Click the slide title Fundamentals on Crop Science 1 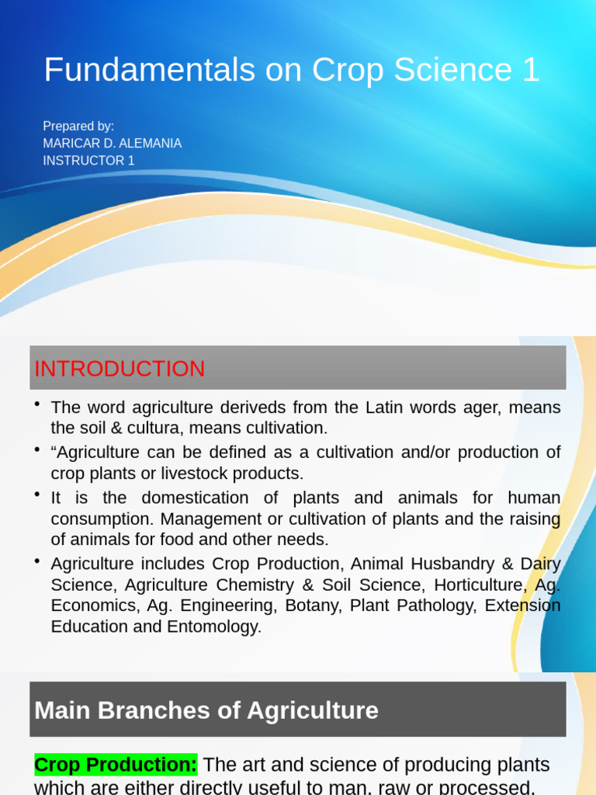[x=291, y=71]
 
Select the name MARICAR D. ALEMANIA [x=113, y=143]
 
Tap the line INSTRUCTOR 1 [x=88, y=161]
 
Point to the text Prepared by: [x=78, y=126]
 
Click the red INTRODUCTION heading [x=120, y=369]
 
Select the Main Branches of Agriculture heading [x=206, y=710]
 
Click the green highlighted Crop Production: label [x=116, y=765]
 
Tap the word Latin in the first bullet [x=385, y=408]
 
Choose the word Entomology [x=214, y=627]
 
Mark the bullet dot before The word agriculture [x=37, y=403]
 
